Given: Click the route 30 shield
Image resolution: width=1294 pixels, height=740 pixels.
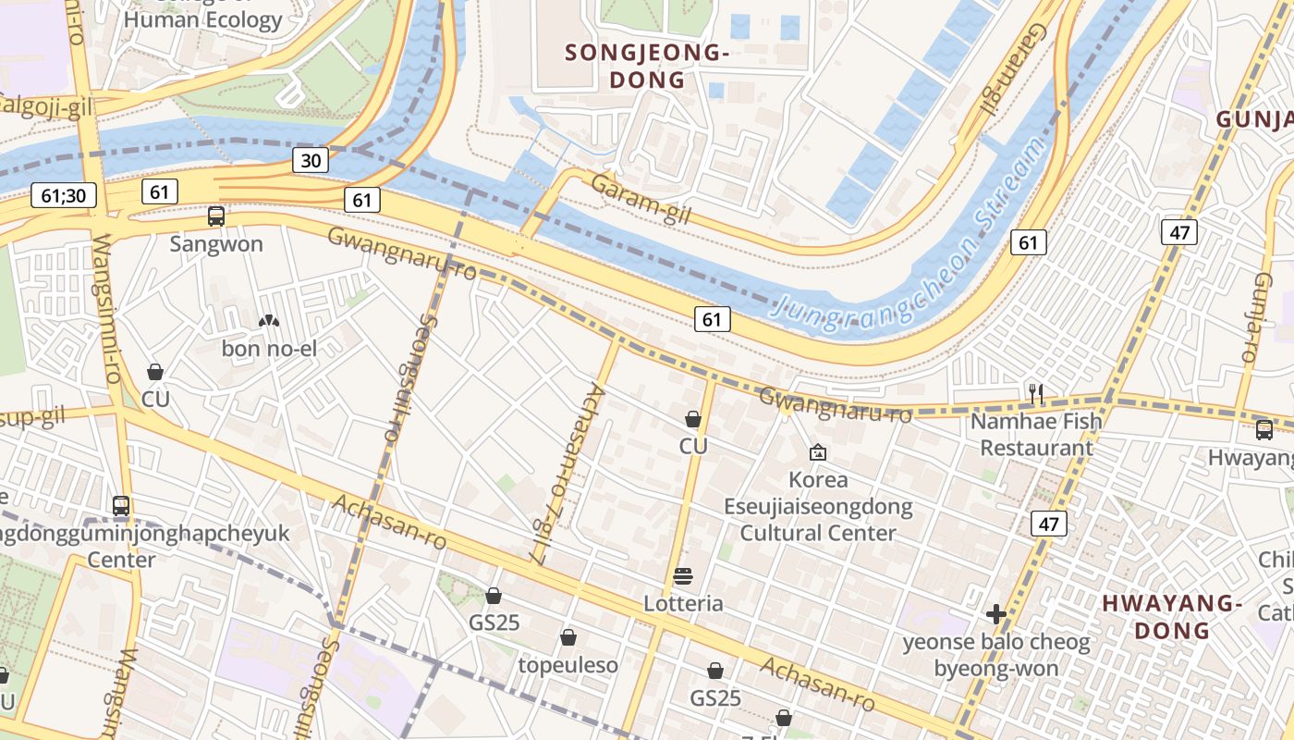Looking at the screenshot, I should tap(311, 160).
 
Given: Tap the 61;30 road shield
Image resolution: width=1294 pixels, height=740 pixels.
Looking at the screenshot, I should tap(64, 195).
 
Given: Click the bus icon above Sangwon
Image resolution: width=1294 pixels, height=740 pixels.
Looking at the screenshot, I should tap(216, 216).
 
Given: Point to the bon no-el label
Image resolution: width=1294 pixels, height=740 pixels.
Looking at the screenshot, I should tap(269, 349).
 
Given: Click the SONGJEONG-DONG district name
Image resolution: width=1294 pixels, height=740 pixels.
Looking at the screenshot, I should tap(647, 66).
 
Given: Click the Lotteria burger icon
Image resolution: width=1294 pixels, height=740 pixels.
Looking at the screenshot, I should tap(683, 577).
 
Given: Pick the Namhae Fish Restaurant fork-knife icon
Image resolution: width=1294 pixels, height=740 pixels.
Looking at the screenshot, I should tap(1036, 394).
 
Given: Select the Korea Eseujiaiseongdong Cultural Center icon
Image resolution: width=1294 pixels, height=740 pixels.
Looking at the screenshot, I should tap(817, 452).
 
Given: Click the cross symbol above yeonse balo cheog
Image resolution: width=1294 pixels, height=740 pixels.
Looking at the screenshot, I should tap(995, 614).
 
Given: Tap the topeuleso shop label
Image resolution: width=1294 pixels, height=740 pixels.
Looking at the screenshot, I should tap(568, 665).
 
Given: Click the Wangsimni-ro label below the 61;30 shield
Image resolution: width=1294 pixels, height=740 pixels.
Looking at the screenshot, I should tap(107, 310).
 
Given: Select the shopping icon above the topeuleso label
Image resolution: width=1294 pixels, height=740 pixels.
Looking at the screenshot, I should tap(568, 637).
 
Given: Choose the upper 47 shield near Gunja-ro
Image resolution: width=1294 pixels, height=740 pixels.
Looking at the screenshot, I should tap(1179, 232).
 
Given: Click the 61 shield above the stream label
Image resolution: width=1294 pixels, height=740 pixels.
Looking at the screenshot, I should tap(1029, 242).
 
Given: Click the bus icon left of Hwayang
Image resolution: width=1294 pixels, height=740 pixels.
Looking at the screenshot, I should tap(1263, 430).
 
